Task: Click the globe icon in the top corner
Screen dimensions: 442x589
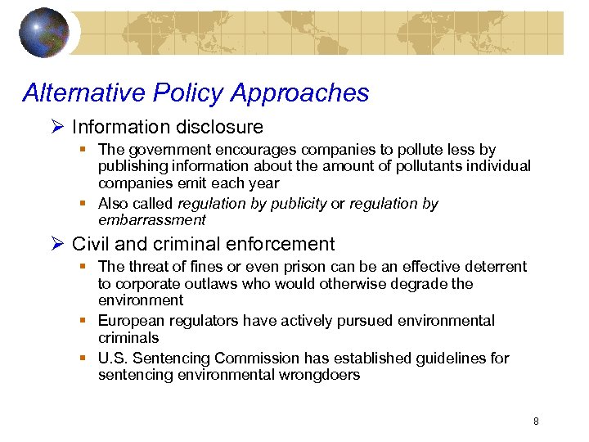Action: click(45, 33)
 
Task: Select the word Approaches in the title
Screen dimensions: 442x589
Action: click(300, 93)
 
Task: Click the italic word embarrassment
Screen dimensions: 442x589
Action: click(151, 220)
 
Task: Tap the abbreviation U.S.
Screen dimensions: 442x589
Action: click(112, 359)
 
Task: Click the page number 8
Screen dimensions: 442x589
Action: click(536, 422)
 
